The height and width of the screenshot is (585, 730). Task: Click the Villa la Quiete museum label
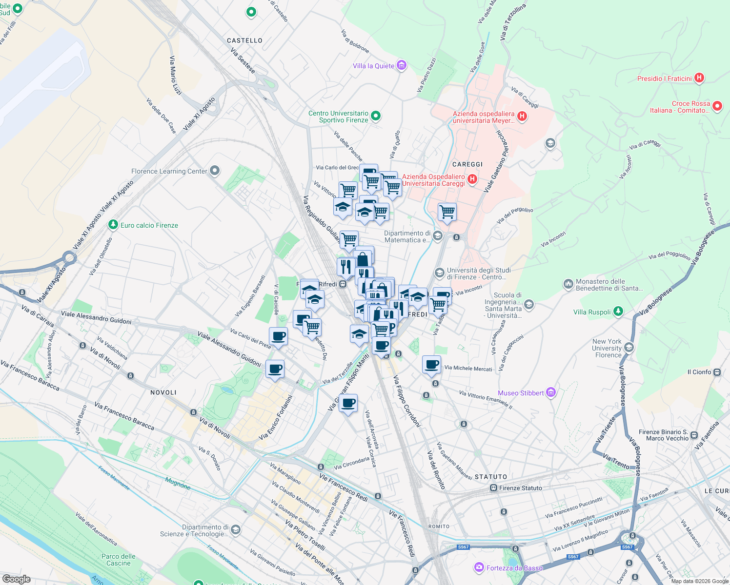373,66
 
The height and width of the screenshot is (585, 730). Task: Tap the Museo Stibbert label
521,393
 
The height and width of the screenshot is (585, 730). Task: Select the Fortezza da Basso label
514,567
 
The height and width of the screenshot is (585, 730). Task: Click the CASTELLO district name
245,40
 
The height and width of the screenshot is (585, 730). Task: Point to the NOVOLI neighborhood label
163,392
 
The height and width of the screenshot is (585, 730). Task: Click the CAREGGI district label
467,164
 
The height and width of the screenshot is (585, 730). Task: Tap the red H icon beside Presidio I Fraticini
699,78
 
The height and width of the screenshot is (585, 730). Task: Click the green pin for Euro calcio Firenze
113,225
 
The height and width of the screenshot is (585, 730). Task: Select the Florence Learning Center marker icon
215,171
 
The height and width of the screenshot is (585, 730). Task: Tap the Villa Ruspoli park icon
618,312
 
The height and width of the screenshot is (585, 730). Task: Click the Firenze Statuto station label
520,488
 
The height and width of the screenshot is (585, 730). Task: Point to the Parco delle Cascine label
119,560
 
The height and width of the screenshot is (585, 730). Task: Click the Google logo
17,579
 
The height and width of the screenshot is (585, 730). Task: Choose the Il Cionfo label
699,372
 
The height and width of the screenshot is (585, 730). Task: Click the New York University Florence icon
629,347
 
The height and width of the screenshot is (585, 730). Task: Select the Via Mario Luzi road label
175,75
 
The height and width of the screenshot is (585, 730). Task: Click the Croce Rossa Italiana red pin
717,106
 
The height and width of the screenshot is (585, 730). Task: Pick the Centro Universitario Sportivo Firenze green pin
376,116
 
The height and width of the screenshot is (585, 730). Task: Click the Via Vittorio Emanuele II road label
486,398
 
